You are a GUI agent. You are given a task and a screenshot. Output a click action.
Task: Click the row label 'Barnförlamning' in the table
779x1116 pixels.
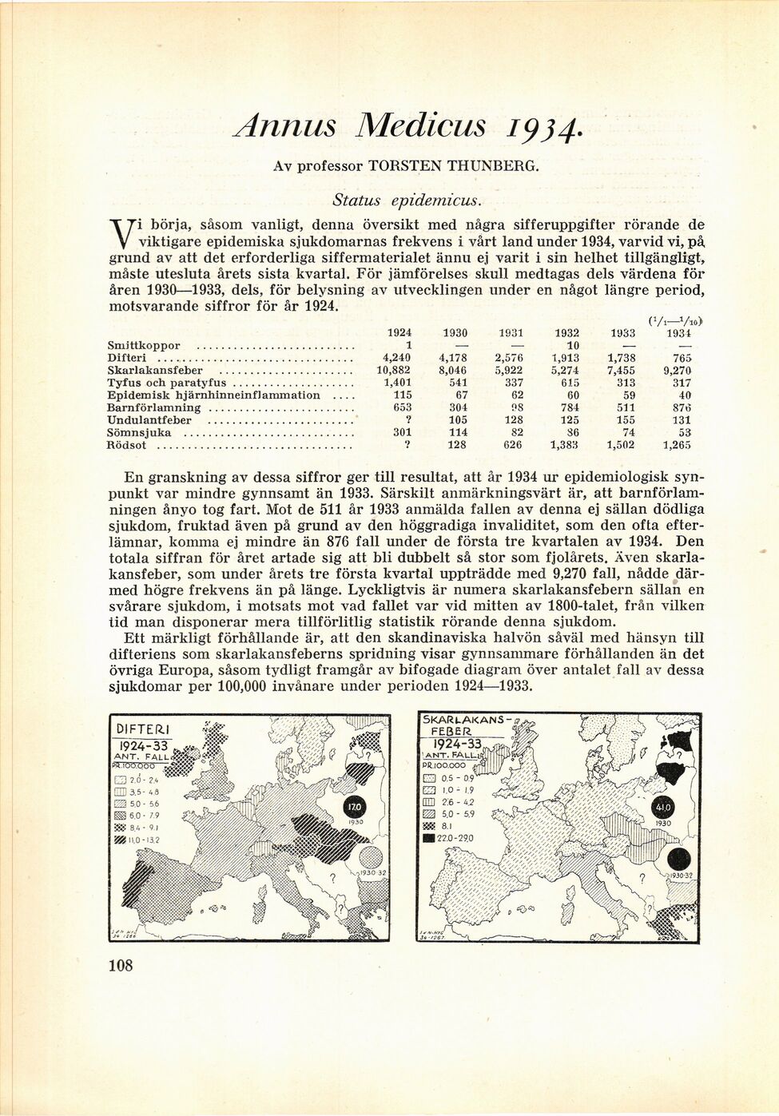[153, 407]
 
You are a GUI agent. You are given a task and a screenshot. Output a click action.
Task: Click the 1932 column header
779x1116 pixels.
[566, 332]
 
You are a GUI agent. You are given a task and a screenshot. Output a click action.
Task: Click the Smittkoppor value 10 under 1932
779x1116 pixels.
[571, 345]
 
